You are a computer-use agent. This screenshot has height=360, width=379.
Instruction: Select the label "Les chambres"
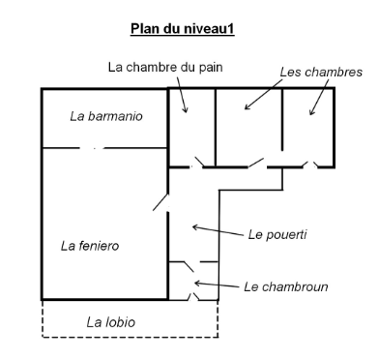pyautogui.click(x=320, y=72)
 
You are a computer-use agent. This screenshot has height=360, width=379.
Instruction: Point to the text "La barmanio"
pyautogui.click(x=107, y=116)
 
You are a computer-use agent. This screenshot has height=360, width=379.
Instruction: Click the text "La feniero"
pyautogui.click(x=90, y=246)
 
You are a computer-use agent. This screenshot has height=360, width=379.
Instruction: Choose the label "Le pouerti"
pyautogui.click(x=277, y=233)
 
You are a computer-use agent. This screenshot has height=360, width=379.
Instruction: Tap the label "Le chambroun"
pyautogui.click(x=285, y=286)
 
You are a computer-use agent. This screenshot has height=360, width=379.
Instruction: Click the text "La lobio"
pyautogui.click(x=110, y=322)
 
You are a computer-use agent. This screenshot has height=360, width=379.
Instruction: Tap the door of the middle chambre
pyautogui.click(x=255, y=163)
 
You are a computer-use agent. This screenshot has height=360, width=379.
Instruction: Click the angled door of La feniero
pyautogui.click(x=160, y=201)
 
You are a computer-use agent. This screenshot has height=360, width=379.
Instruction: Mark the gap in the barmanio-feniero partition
pyautogui.click(x=93, y=148)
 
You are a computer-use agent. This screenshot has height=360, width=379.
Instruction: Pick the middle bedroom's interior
pyautogui.click(x=248, y=131)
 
